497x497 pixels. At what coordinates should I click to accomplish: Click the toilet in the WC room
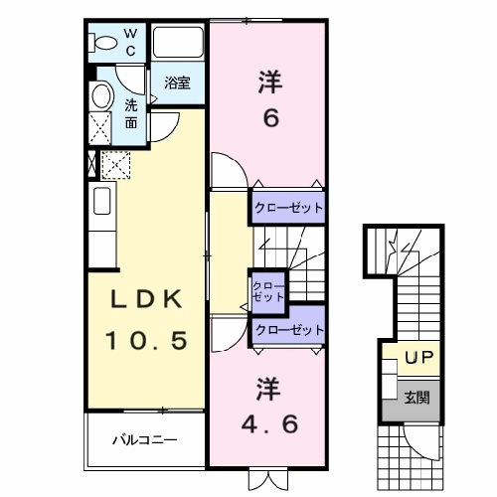click(x=102, y=43)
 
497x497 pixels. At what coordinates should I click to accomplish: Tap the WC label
click(x=130, y=42)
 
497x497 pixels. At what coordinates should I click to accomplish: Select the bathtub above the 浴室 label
click(x=177, y=42)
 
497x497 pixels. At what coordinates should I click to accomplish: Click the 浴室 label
click(x=177, y=83)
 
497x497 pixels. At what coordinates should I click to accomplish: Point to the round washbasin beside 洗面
click(x=101, y=96)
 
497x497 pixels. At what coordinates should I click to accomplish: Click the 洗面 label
click(x=131, y=114)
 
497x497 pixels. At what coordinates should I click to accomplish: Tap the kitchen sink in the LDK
click(x=102, y=201)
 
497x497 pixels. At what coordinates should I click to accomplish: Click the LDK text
click(x=146, y=299)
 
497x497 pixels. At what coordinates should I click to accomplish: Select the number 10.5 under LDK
click(x=146, y=340)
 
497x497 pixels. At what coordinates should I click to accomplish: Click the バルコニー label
click(x=145, y=440)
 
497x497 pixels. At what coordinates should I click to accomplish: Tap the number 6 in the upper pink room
click(x=271, y=118)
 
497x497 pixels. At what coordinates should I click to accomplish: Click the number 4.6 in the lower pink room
click(x=269, y=423)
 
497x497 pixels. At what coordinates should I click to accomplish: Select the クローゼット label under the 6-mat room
click(x=288, y=208)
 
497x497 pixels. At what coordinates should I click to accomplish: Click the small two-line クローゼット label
click(x=268, y=291)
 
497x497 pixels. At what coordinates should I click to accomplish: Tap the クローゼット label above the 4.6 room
click(x=289, y=330)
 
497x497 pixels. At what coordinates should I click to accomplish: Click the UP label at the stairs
click(x=418, y=358)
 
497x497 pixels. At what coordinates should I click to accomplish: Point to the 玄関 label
click(x=417, y=398)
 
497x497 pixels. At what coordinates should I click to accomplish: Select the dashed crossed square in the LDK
click(x=115, y=165)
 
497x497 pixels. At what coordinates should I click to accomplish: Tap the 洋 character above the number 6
click(x=270, y=83)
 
